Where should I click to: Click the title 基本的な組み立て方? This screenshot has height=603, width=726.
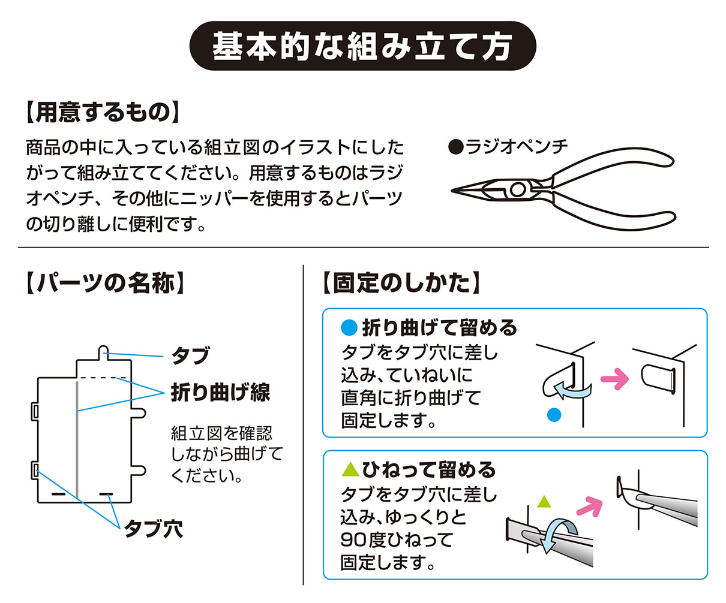tap(362, 46)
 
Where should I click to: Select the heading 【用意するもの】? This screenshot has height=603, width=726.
tap(103, 112)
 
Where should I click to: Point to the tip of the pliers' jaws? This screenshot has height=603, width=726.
tap(454, 191)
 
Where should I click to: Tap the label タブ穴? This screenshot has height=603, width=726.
tap(153, 529)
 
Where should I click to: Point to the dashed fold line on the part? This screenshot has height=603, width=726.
tap(103, 378)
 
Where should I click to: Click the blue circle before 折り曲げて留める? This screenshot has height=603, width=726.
tap(349, 328)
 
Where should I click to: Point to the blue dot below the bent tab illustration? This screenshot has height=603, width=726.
tap(554, 414)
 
